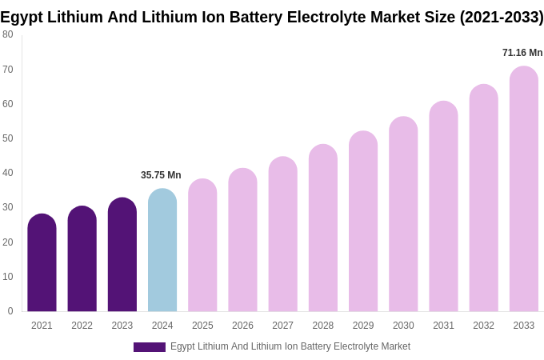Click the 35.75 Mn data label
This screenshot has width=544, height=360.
click(161, 175)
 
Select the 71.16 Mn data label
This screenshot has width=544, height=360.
click(522, 53)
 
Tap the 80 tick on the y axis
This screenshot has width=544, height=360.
click(8, 34)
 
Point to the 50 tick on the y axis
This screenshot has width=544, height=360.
click(8, 138)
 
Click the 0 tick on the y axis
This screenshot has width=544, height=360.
click(10, 311)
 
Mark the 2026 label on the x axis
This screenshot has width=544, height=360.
click(242, 326)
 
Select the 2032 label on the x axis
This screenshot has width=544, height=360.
click(483, 326)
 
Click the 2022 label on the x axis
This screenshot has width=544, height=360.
click(82, 326)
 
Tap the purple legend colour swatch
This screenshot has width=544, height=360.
click(150, 347)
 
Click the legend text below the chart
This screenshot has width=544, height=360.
click(290, 346)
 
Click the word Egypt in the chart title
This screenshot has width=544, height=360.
click(22, 17)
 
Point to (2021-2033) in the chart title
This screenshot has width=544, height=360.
click(501, 17)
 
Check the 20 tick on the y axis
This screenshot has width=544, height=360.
click(8, 242)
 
